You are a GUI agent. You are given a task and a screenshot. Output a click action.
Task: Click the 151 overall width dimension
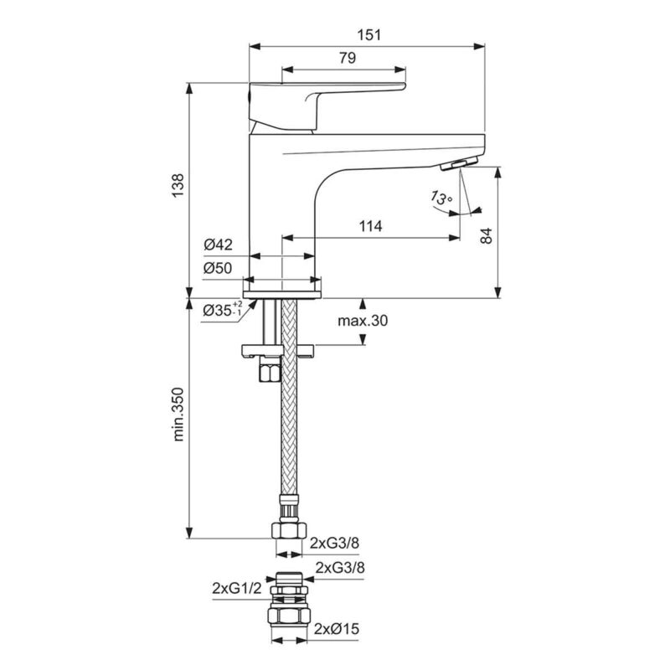369,34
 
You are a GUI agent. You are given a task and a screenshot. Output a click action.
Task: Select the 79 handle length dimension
348,58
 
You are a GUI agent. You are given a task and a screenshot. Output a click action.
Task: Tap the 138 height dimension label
178,185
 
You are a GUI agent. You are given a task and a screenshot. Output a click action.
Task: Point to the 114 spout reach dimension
370,226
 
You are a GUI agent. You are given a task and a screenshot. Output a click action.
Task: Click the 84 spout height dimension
487,236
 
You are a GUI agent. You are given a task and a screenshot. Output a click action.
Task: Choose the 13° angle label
441,198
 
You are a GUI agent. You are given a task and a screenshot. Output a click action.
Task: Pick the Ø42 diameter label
218,245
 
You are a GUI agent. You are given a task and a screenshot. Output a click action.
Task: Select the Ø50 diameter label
218,268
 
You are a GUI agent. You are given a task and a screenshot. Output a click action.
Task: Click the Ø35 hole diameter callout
222,309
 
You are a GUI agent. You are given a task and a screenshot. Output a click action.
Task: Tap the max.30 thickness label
363,321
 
